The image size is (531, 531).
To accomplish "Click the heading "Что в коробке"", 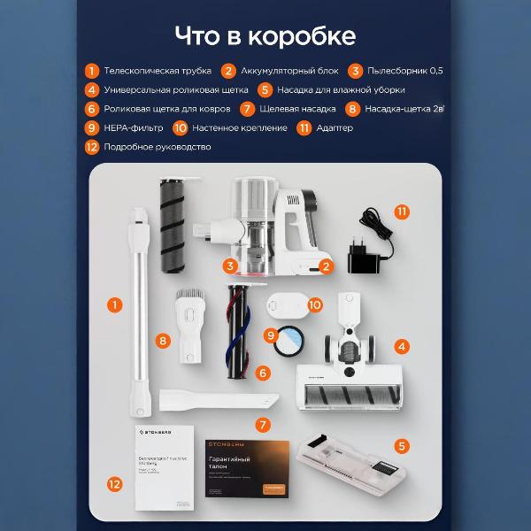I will click(265, 36).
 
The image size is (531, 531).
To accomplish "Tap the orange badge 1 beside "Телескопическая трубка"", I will click(91, 71).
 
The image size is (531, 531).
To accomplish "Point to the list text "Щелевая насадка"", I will click(299, 109).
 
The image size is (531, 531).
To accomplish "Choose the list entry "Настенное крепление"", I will click(239, 128).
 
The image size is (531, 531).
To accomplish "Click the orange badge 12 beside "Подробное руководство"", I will click(91, 147).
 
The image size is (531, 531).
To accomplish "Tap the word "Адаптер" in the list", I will click(335, 128).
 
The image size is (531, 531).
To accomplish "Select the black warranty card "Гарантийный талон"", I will click(247, 468).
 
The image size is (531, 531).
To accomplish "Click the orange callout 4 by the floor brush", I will click(403, 347).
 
